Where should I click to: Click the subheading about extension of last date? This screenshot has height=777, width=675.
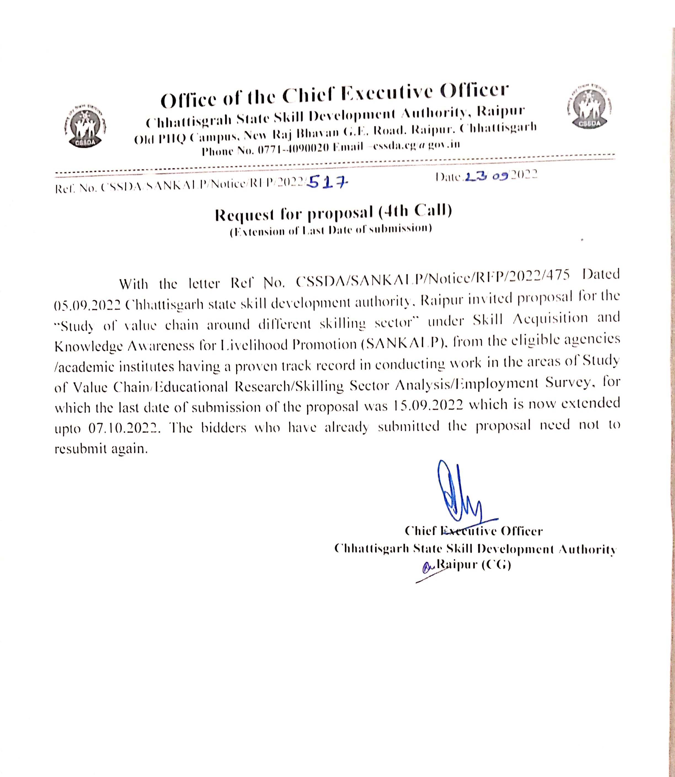click(x=331, y=230)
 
